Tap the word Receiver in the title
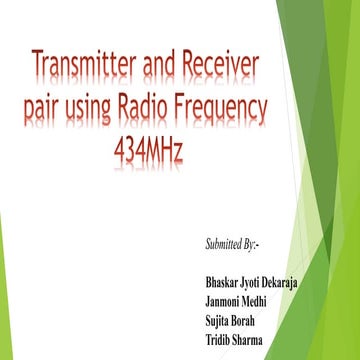(219, 69)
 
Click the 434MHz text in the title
(150, 149)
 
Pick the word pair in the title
(46, 110)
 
